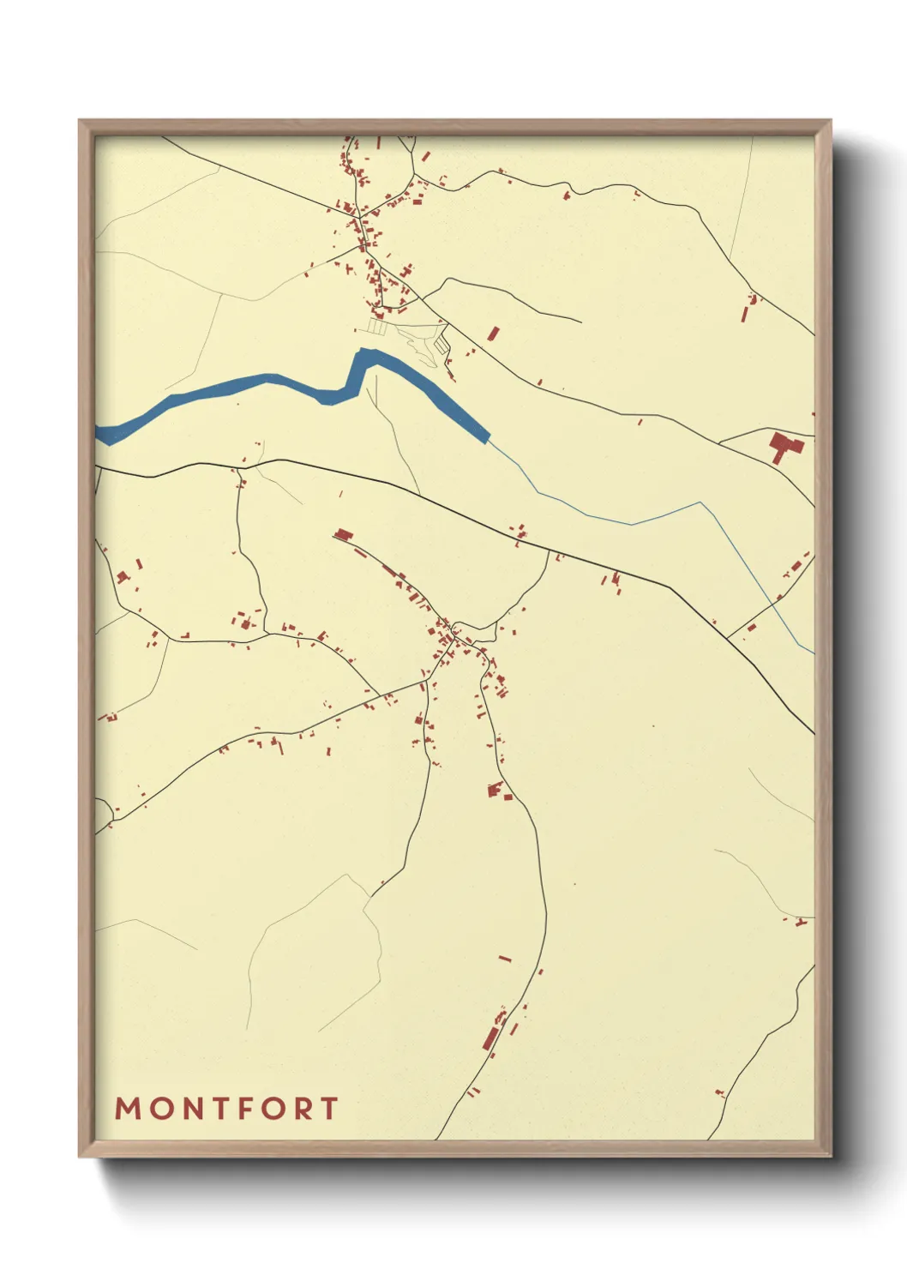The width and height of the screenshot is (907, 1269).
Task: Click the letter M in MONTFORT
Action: pos(128,1108)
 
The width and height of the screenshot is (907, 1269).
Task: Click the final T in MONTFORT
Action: pos(330,1108)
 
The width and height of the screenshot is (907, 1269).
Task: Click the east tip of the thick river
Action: pos(487,437)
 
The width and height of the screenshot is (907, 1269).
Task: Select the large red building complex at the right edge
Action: pos(784,447)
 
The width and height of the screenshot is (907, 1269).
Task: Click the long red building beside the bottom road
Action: pos(491,1038)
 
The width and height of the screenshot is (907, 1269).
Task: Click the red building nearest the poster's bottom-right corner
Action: pos(720,1093)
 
